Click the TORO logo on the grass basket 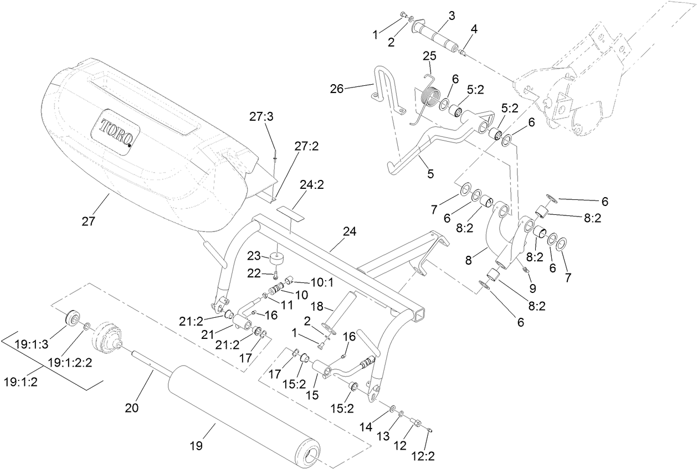pyautogui.click(x=116, y=132)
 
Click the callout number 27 pyautogui.click(x=89, y=221)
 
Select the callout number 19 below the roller pyautogui.click(x=197, y=446)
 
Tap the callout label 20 pyautogui.click(x=131, y=409)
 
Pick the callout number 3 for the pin pyautogui.click(x=452, y=16)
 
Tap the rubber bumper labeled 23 pyautogui.click(x=276, y=259)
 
